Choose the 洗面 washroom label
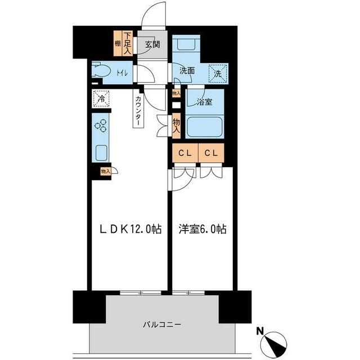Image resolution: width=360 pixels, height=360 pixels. pos(187,71)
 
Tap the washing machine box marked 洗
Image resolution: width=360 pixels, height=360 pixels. pos(217,72)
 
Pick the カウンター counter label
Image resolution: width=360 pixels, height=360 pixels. pos(138,109)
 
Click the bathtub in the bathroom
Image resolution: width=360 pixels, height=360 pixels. pos(205,127)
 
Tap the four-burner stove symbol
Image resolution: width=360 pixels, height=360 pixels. pos(101,127)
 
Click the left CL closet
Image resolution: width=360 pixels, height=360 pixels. pos(184,153)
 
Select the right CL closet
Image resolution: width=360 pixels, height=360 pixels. pos(211,153)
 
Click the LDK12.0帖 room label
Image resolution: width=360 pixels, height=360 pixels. pos(130,229)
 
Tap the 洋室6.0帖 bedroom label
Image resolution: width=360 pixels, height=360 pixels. pos(203,229)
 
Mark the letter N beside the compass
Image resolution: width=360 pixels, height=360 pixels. pos(259,331)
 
